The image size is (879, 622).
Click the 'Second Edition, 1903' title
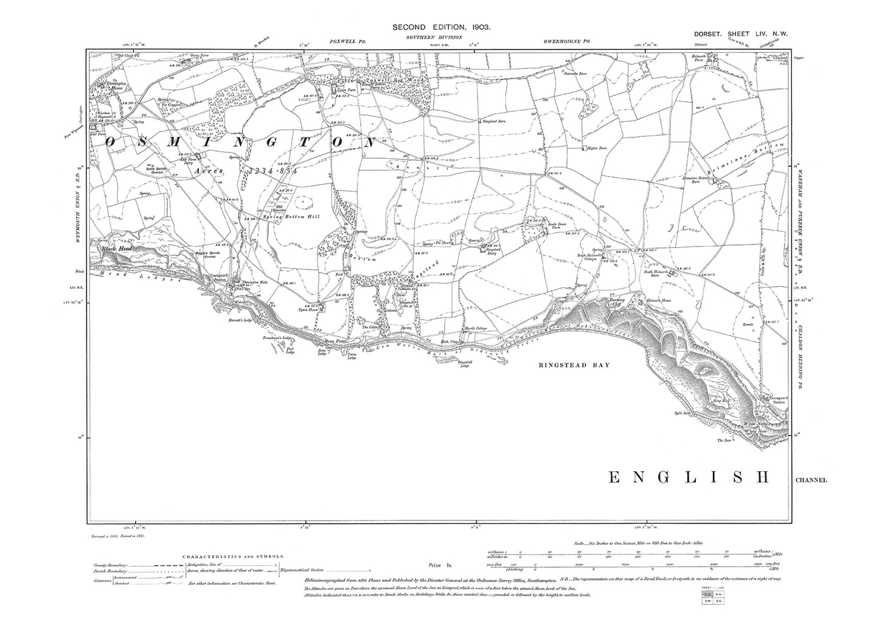pos(440,27)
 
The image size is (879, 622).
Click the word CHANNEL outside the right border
pos(810,480)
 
